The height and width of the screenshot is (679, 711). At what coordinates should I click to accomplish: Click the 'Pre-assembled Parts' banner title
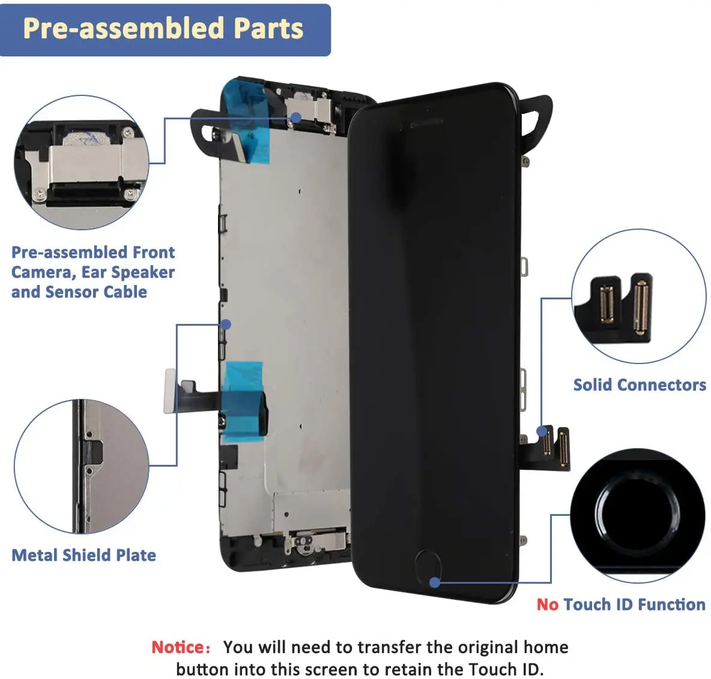[x=163, y=29]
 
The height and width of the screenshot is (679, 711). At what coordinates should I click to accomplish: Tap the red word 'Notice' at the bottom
[x=178, y=647]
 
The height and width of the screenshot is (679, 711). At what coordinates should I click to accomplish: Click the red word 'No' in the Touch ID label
[x=547, y=605]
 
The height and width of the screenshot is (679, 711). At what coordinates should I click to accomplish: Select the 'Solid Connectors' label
[x=640, y=385]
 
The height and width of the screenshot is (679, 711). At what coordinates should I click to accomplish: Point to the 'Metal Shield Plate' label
[x=84, y=555]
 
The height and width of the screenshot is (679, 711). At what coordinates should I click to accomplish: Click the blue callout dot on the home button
[x=434, y=582]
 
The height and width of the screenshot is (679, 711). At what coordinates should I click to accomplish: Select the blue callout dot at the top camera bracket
[x=295, y=118]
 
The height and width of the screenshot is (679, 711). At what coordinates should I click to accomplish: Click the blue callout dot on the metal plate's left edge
[x=225, y=325]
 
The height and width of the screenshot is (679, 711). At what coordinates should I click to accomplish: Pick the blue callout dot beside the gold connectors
[x=542, y=431]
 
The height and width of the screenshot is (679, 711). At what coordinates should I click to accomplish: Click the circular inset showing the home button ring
[x=638, y=515]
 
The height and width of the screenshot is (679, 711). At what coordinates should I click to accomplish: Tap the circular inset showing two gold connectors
[x=639, y=296]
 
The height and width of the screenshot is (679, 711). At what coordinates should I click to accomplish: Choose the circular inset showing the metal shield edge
[x=82, y=467]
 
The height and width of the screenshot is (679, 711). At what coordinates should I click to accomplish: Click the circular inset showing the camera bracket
[x=82, y=163]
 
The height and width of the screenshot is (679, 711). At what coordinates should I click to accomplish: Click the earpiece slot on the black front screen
[x=427, y=123]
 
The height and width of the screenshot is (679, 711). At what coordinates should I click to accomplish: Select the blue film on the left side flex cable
[x=243, y=401]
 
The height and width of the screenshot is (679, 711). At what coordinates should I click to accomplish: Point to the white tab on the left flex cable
[x=170, y=391]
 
